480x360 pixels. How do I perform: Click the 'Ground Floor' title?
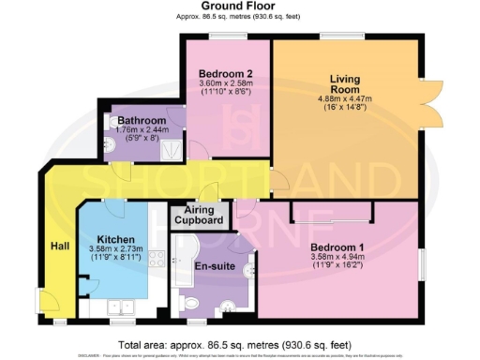(239, 7)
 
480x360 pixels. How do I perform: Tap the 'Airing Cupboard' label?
(198, 216)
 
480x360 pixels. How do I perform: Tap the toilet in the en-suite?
(192, 302)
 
